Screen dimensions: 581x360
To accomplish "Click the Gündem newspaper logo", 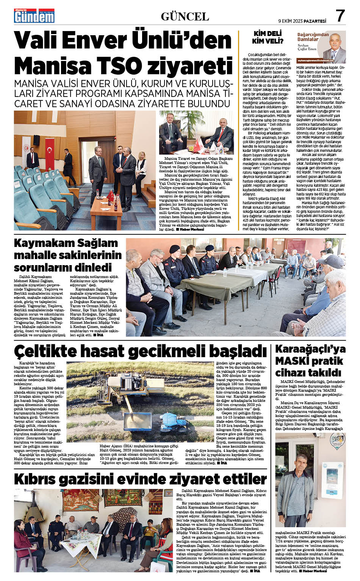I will tap(34, 16).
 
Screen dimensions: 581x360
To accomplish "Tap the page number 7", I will tap(340, 16).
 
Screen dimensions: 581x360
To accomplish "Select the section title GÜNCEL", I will tap(185, 16).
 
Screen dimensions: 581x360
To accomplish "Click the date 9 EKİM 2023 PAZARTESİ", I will tap(302, 21).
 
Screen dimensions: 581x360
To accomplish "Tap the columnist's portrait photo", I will tap(335, 47).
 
